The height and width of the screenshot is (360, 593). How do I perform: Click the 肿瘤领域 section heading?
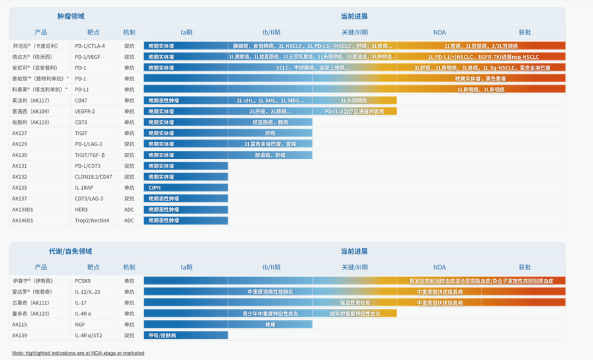pyautogui.click(x=71, y=16)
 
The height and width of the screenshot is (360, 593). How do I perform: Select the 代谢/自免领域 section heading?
pyautogui.click(x=71, y=252)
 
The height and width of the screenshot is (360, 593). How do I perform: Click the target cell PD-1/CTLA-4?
pyautogui.click(x=90, y=46)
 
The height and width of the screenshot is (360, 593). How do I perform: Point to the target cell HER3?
pyautogui.click(x=81, y=210)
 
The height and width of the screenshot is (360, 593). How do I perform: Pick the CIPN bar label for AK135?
pyautogui.click(x=155, y=188)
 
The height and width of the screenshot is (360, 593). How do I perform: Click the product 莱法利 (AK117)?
pyautogui.click(x=30, y=100)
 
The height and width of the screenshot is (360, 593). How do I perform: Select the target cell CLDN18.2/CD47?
pyautogui.click(x=93, y=177)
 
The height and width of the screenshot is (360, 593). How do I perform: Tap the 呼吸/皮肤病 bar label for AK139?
pyautogui.click(x=162, y=336)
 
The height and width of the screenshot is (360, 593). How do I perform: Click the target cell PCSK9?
pyautogui.click(x=83, y=281)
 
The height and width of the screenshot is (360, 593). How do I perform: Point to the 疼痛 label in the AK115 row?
pyautogui.click(x=270, y=324)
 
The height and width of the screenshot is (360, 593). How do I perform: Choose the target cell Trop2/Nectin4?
pyautogui.click(x=92, y=221)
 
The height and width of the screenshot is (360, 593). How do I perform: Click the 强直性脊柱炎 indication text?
pyautogui.click(x=355, y=303)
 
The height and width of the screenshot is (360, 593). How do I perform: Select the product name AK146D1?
pyautogui.click(x=23, y=221)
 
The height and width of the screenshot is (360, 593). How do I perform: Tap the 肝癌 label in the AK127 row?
pyautogui.click(x=270, y=133)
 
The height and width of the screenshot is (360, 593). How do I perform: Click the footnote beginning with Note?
pyautogui.click(x=78, y=353)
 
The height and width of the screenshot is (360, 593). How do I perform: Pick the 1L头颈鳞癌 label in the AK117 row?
pyautogui.click(x=354, y=100)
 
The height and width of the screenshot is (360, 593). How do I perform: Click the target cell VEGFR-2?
pyautogui.click(x=85, y=111)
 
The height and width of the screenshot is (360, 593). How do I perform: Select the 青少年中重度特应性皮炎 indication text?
pyautogui.click(x=270, y=314)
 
